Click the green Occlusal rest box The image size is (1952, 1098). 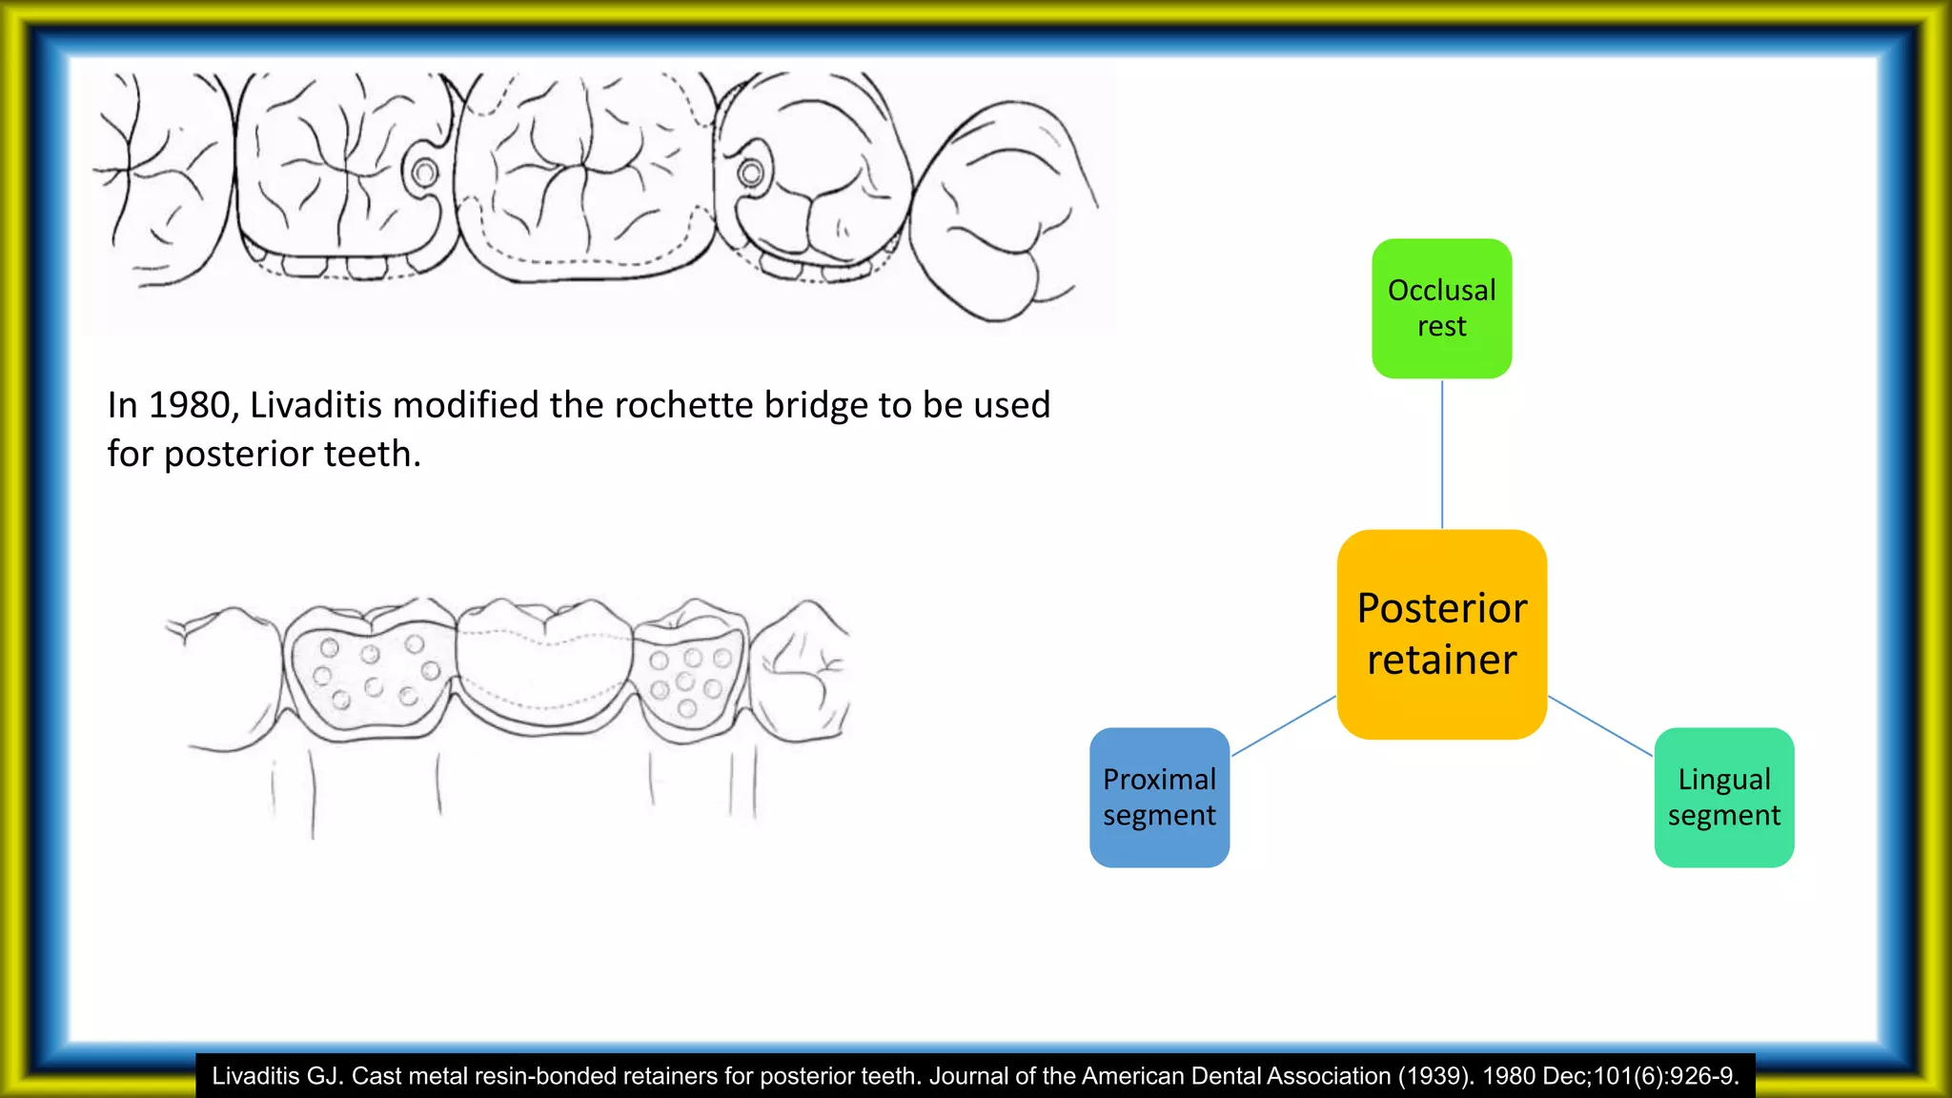[1441, 308]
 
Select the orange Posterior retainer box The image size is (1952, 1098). [1441, 634]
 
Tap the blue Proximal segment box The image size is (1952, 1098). [1159, 797]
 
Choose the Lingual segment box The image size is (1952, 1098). [1723, 797]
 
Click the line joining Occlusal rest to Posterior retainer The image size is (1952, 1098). [1442, 454]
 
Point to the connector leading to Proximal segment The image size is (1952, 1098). [1283, 726]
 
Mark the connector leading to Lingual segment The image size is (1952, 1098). [1599, 726]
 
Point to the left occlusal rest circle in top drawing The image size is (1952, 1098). [425, 173]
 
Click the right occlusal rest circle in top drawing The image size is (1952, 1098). [751, 173]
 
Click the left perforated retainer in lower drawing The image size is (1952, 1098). [370, 672]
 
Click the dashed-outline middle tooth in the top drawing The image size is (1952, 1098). [583, 176]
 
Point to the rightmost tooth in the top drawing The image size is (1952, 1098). [1001, 210]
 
